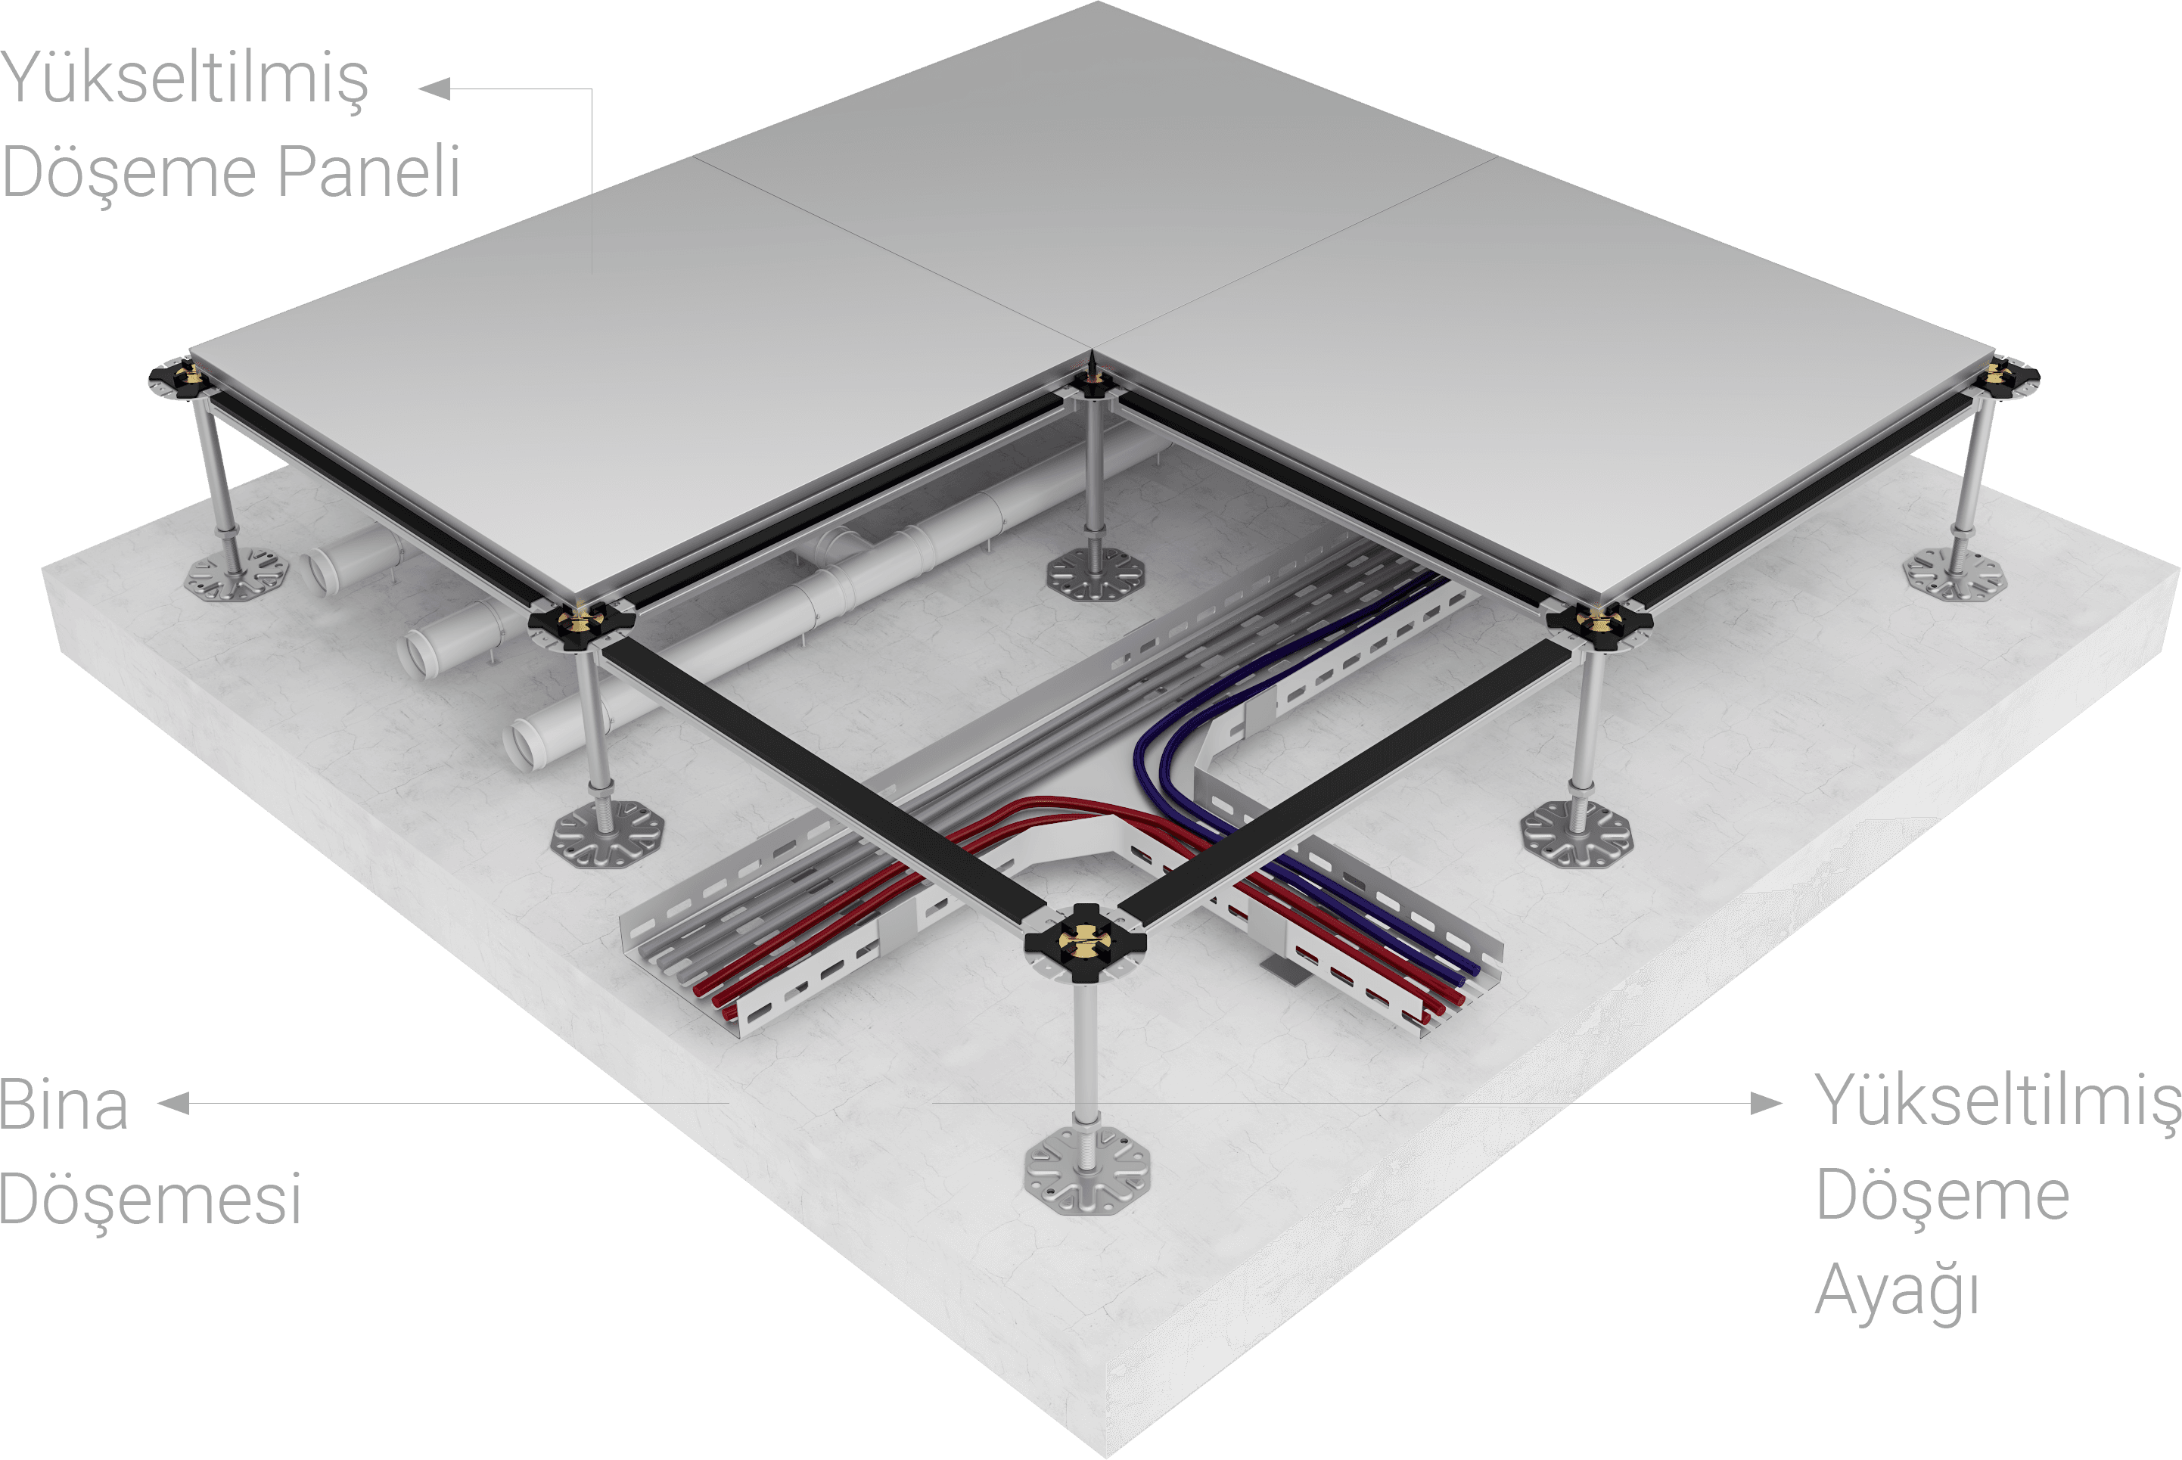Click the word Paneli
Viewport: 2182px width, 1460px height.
(x=368, y=172)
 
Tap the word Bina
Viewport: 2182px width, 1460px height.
(x=64, y=1104)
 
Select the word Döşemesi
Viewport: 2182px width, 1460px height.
(x=150, y=1201)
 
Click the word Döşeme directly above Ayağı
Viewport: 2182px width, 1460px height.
(x=1943, y=1198)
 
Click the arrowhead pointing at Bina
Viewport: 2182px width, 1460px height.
(x=174, y=1104)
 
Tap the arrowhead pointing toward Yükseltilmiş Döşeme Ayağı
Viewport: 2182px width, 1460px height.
(x=1766, y=1104)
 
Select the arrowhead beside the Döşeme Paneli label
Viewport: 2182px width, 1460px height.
(x=435, y=89)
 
